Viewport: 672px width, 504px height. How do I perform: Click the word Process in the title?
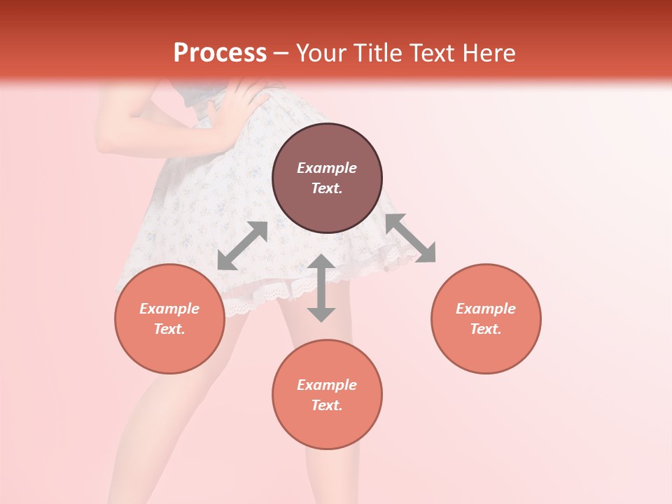(x=220, y=53)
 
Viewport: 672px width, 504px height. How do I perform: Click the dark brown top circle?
(x=327, y=178)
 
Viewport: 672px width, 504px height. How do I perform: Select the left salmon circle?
(x=169, y=318)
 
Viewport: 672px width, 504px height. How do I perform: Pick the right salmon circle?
(x=486, y=318)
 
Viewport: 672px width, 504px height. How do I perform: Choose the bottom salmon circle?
(x=327, y=395)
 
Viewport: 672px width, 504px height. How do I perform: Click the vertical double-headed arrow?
(x=321, y=288)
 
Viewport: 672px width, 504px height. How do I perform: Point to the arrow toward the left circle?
(x=243, y=246)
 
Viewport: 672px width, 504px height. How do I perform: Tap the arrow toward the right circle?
(x=410, y=238)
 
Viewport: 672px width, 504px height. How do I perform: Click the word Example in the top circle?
(x=327, y=168)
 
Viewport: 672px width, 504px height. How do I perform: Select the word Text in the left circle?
(x=169, y=329)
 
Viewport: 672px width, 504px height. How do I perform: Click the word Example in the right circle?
(x=486, y=309)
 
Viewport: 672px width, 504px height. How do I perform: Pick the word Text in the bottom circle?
(x=327, y=405)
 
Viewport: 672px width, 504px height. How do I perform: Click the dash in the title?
(x=281, y=53)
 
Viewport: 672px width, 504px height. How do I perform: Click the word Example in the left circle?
(x=169, y=309)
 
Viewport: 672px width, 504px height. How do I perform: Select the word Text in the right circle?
(x=486, y=329)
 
